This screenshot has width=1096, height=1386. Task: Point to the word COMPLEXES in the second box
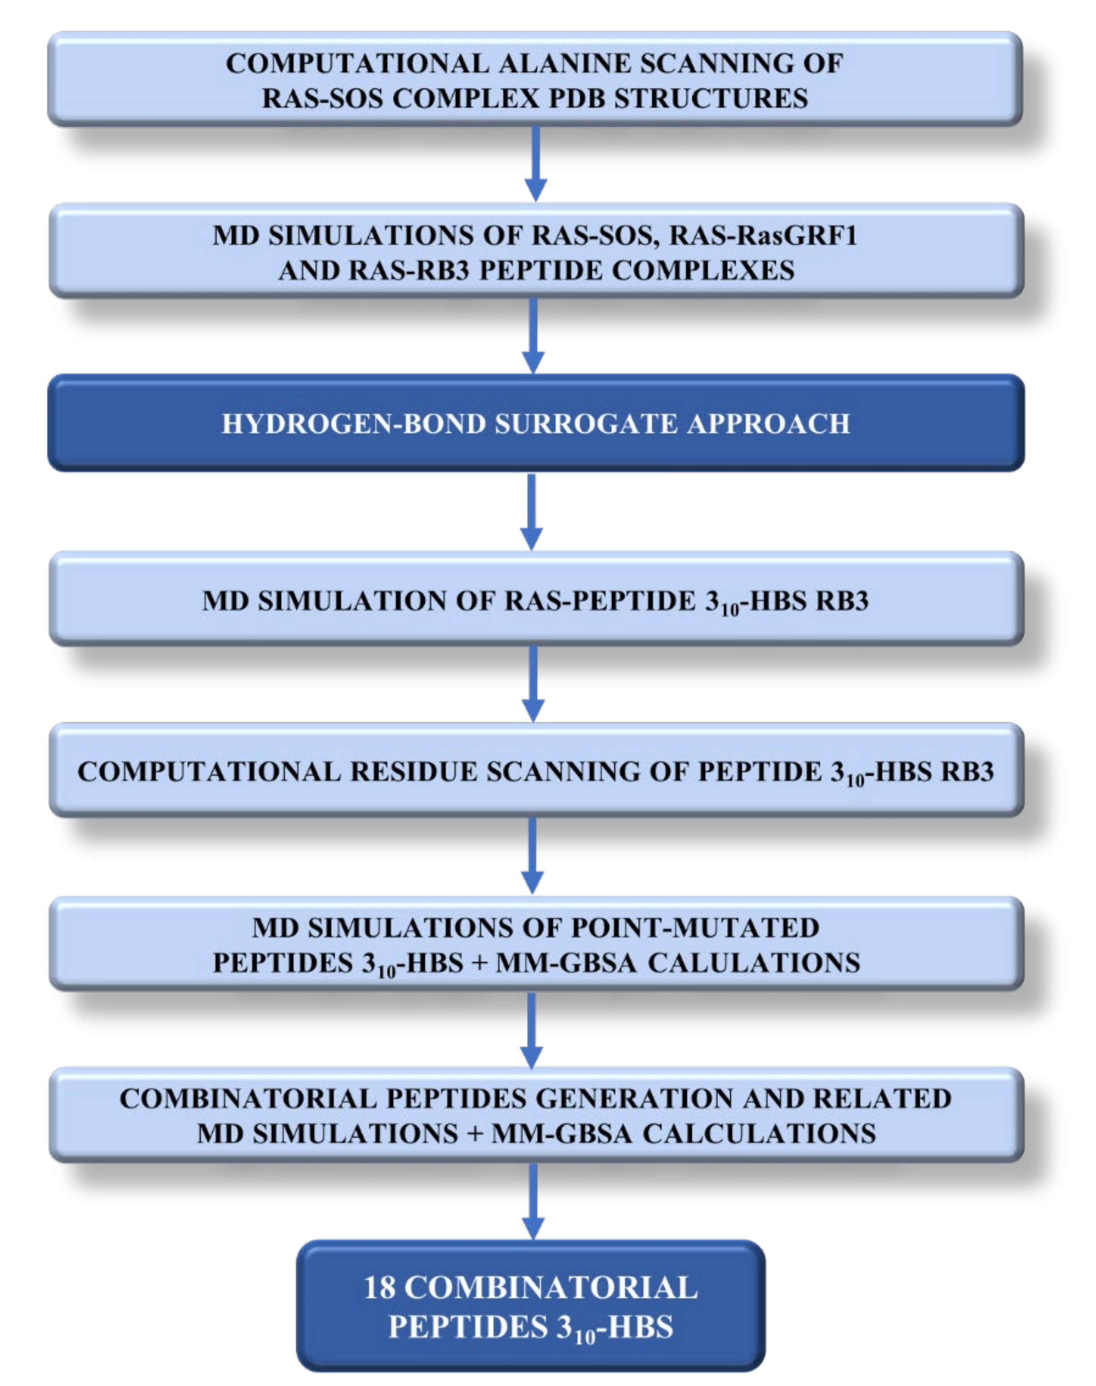click(x=702, y=270)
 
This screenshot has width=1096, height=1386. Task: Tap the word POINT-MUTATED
click(x=695, y=928)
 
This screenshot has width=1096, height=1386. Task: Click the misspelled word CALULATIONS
click(x=753, y=963)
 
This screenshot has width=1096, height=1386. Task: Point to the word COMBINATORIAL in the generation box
click(x=248, y=1099)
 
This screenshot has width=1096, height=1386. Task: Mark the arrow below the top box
click(x=536, y=164)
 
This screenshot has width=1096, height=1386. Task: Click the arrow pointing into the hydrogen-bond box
click(x=533, y=336)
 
